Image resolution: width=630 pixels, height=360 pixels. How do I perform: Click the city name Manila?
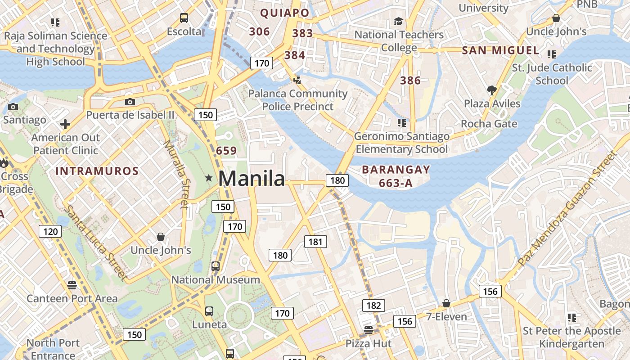252,179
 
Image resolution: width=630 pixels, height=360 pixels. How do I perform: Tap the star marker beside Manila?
209,178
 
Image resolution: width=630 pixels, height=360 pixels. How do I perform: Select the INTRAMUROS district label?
97,171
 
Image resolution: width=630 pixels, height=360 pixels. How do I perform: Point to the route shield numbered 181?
315,242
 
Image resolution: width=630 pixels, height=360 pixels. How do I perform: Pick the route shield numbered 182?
373,306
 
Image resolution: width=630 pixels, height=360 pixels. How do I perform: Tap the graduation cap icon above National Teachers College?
398,21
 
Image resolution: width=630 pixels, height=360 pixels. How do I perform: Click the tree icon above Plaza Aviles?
492,90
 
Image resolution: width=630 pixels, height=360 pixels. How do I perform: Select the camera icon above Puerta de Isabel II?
130,102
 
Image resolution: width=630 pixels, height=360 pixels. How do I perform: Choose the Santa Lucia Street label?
95,243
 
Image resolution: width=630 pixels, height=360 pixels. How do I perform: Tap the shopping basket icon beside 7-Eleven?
446,304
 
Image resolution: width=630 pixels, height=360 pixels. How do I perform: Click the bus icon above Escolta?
184,18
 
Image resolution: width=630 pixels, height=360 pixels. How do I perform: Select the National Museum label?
216,280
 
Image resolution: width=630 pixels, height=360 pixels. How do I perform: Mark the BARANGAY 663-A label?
396,176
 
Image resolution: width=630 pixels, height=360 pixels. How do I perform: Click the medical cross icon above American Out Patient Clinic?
65,124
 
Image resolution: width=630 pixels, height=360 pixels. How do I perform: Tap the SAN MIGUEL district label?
500,50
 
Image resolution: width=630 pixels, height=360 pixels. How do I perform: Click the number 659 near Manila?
226,151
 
